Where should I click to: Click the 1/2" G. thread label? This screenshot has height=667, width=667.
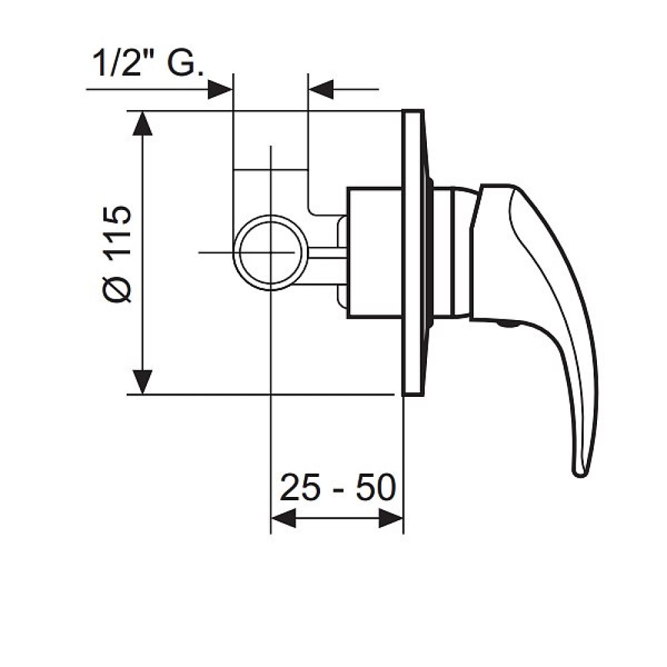pos(148,63)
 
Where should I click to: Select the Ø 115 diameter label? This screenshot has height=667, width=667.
pos(117,254)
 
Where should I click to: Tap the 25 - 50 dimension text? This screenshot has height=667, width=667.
pos(338,487)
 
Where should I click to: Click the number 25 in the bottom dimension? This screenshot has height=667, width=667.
pos(299,487)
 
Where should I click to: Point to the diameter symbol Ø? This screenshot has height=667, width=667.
pos(117,289)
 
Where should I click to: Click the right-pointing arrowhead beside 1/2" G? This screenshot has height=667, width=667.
pos(220,90)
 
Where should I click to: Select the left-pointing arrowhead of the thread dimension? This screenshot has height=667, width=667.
pos(321,90)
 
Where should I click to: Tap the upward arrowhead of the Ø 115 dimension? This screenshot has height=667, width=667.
pos(143,123)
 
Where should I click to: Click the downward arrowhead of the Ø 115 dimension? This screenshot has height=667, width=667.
pos(143,382)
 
